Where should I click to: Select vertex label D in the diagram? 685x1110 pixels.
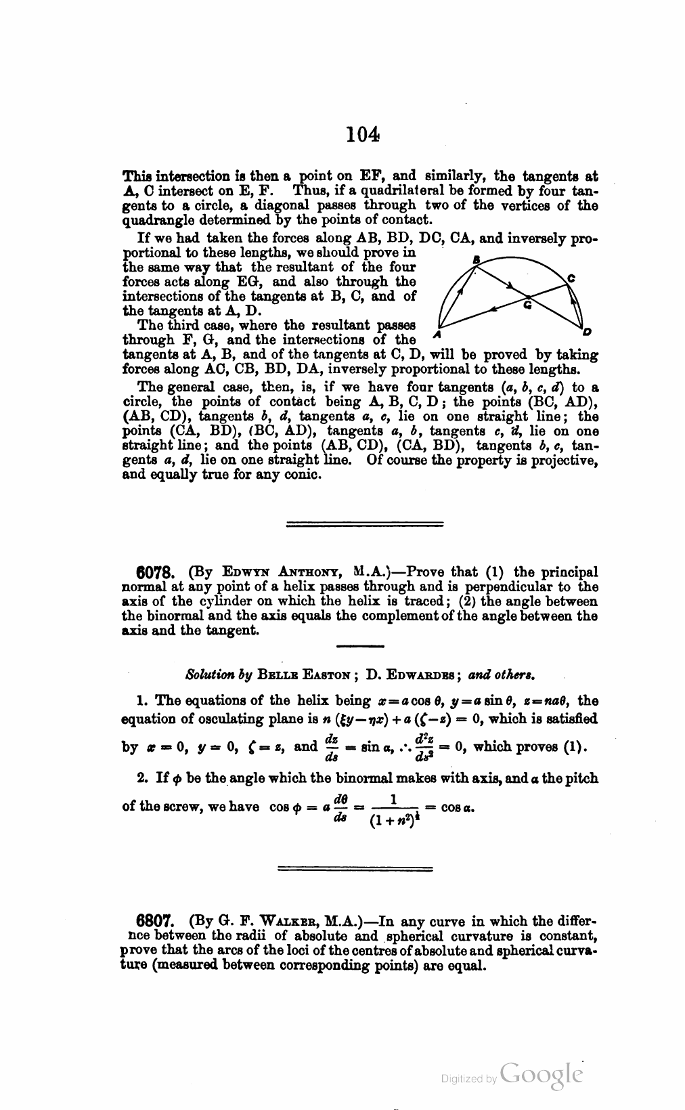[x=586, y=332]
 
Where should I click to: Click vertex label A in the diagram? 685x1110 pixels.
[x=438, y=335]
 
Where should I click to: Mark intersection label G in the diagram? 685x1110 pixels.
[x=528, y=306]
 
